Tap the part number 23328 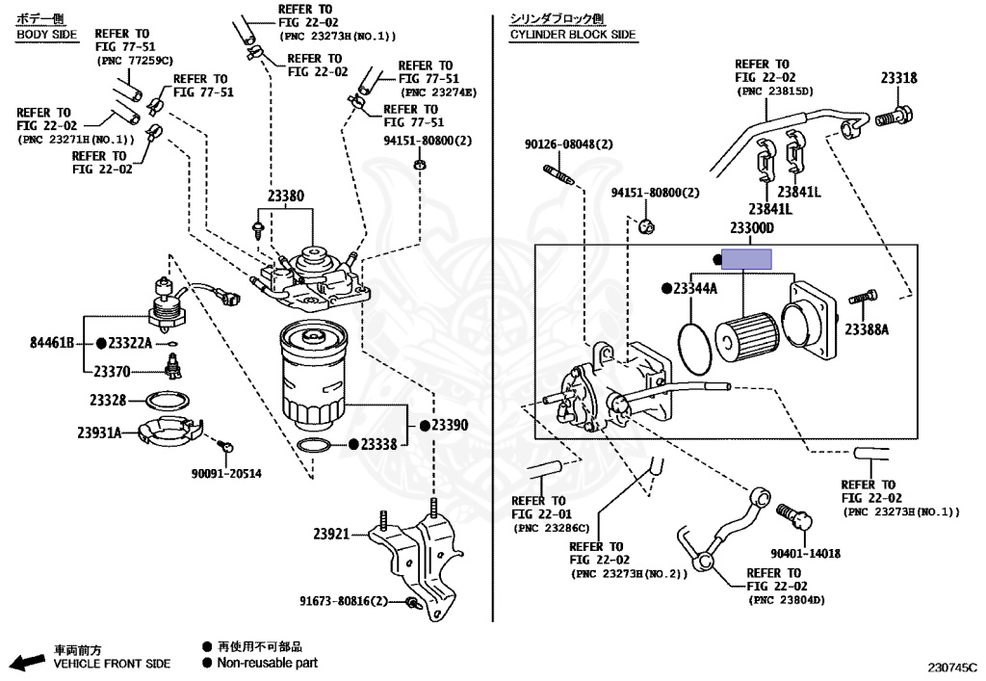click(108, 400)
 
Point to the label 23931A click(99, 432)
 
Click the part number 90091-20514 click(225, 474)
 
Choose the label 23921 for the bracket click(331, 533)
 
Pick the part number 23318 click(897, 80)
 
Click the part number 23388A click(867, 329)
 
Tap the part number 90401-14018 click(805, 553)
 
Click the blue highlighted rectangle click(747, 258)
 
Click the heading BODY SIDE click(45, 35)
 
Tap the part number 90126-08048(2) click(568, 144)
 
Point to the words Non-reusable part click(267, 663)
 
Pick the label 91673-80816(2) click(342, 601)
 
